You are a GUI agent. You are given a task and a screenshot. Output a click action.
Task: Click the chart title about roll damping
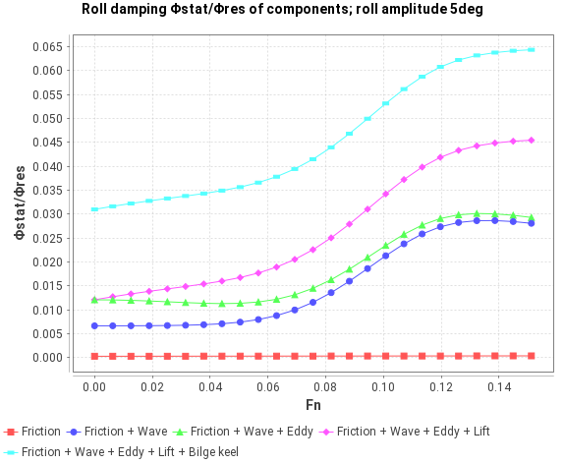282,11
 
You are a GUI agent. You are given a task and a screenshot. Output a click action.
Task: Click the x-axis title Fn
311,405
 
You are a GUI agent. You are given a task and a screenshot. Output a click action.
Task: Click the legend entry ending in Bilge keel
130,451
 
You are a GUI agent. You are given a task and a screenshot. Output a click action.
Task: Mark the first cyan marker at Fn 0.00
94,209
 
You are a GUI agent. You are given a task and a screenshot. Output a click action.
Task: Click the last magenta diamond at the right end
532,140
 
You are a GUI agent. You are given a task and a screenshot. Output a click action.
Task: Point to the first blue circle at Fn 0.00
94,325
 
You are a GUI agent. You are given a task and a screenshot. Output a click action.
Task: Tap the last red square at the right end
532,356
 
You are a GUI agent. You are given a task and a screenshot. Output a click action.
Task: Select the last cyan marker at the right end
532,49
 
